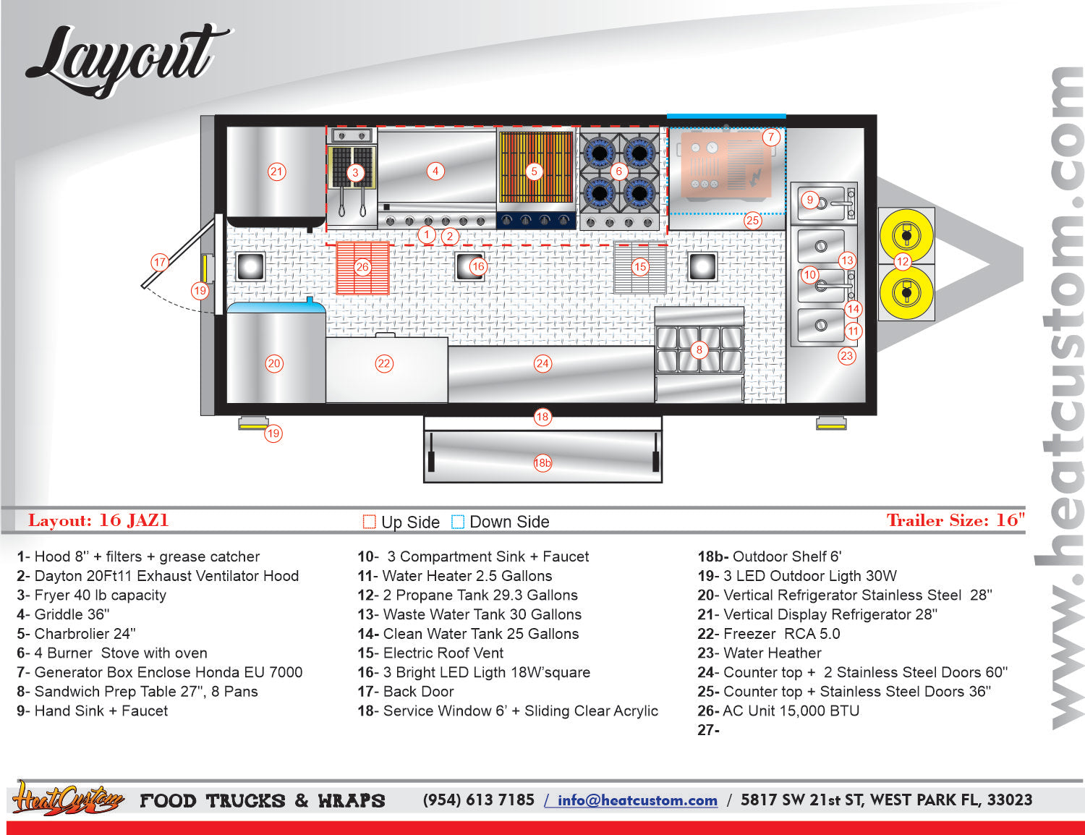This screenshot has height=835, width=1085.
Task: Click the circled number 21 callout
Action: (x=276, y=171)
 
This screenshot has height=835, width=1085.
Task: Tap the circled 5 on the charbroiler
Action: (x=534, y=171)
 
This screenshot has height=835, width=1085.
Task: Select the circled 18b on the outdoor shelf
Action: (x=542, y=463)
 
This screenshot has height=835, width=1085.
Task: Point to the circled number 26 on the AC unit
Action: (x=362, y=267)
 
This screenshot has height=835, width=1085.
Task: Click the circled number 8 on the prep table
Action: (x=699, y=349)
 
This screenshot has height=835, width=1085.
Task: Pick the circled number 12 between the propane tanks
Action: (x=902, y=261)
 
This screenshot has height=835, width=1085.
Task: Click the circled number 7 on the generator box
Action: (x=771, y=137)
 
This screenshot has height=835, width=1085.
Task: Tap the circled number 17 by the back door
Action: (x=160, y=262)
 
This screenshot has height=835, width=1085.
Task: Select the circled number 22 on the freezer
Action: (x=384, y=363)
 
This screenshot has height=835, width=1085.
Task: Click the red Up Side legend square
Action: (x=369, y=522)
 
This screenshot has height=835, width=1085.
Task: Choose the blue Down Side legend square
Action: (x=457, y=522)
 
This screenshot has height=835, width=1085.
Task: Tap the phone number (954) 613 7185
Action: (x=478, y=800)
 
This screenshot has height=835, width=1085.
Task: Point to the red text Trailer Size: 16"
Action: (x=956, y=520)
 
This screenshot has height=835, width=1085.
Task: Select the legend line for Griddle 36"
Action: (x=63, y=614)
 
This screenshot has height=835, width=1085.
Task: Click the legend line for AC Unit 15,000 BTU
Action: (x=778, y=711)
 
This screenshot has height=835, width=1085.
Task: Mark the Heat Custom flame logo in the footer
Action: (x=67, y=798)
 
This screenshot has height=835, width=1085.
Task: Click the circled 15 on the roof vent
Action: (x=639, y=267)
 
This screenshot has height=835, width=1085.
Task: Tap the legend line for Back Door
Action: (x=406, y=691)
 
